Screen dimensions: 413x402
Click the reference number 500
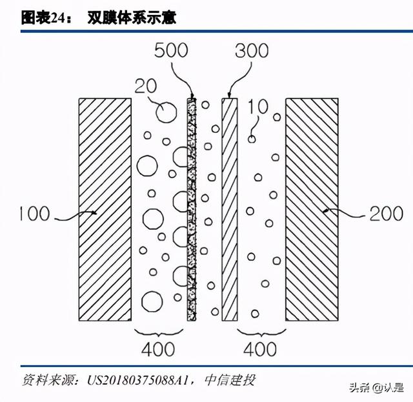(171, 50)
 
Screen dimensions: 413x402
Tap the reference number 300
(252, 50)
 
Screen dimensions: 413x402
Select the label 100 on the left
(35, 214)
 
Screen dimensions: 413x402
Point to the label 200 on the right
(387, 214)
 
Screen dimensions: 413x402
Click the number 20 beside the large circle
(146, 86)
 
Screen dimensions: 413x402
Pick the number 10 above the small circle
(258, 106)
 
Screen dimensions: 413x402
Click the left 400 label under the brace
(158, 349)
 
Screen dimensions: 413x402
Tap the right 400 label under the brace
(260, 349)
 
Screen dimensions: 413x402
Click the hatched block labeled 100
(105, 210)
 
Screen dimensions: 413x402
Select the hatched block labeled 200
(312, 210)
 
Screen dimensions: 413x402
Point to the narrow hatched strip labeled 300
(230, 210)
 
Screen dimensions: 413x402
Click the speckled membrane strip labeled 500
(192, 210)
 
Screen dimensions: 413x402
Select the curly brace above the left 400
(159, 333)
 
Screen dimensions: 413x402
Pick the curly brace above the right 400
(261, 333)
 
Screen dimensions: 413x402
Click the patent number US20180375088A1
(138, 380)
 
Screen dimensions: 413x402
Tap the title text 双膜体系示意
(132, 18)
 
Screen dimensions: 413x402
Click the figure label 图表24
(43, 18)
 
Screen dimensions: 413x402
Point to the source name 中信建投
(230, 380)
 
